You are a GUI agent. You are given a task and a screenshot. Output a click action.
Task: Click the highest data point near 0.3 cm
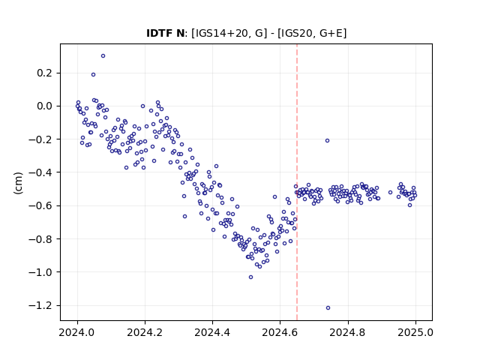point(103,55)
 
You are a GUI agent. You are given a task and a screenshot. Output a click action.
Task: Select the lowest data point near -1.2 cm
point(328,308)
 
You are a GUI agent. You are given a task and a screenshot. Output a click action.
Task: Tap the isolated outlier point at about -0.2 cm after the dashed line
point(327,141)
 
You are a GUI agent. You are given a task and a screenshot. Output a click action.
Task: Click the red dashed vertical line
point(297,182)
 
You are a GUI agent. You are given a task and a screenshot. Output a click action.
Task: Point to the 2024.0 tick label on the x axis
point(77,332)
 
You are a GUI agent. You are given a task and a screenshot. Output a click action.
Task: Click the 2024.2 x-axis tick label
point(145,332)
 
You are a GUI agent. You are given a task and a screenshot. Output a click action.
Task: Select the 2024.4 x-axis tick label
point(212,332)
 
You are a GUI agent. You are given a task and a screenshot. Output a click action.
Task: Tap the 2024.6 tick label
point(280,332)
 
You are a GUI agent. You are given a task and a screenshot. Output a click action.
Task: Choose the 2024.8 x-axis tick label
point(348,332)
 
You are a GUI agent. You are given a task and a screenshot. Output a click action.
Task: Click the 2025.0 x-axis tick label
point(415,332)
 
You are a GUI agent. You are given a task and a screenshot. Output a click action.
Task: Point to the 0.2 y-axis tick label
point(45,73)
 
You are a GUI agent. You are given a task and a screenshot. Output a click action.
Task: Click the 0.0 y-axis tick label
point(45,106)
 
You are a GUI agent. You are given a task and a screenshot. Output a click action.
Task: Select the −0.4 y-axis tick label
point(41,172)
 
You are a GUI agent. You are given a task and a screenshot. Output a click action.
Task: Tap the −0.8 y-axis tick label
point(41,239)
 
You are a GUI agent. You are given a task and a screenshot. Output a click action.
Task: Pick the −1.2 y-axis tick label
point(41,305)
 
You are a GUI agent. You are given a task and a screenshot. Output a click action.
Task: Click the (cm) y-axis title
point(18,183)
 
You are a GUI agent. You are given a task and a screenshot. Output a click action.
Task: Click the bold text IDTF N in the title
point(165,33)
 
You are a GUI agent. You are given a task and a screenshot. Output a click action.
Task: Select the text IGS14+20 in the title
point(220,33)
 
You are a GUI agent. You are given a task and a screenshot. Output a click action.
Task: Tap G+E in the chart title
point(331,33)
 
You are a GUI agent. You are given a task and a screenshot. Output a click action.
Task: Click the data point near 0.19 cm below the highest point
point(93,75)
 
